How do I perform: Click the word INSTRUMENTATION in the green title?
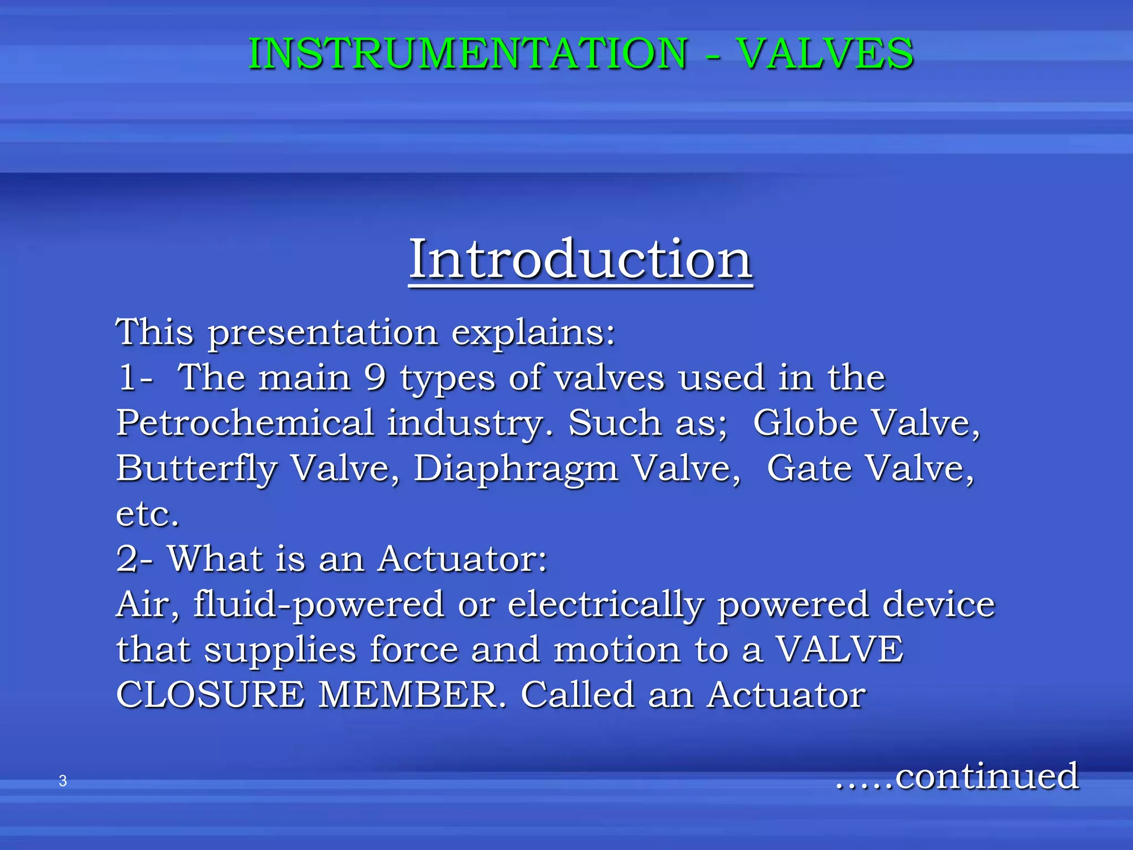point(467,54)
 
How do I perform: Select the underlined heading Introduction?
point(580,258)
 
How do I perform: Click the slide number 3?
point(63,781)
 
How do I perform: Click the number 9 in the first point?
point(375,377)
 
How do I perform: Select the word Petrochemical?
point(245,423)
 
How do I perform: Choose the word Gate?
point(809,469)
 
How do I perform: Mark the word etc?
point(147,515)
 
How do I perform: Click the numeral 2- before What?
point(134,559)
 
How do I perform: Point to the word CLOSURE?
point(210,695)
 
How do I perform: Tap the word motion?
point(617,650)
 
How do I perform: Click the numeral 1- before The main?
point(136,378)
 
